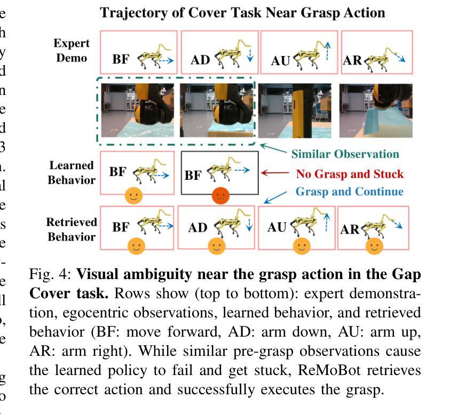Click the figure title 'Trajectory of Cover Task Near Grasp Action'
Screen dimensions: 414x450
[243, 13]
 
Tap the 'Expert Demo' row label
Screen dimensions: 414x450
[72, 50]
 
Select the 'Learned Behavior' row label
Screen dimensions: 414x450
[72, 172]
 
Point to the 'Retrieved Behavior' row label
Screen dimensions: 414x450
[72, 229]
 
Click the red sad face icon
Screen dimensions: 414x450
[219, 196]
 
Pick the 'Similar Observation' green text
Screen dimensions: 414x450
[345, 154]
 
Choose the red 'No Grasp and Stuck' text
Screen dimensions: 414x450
[350, 174]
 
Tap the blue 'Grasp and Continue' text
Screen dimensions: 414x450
[350, 192]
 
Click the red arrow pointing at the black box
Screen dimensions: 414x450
[274, 173]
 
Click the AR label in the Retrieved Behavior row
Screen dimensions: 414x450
[350, 230]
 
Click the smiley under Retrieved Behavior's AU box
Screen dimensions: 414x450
[302, 246]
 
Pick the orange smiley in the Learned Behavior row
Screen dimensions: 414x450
[133, 196]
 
